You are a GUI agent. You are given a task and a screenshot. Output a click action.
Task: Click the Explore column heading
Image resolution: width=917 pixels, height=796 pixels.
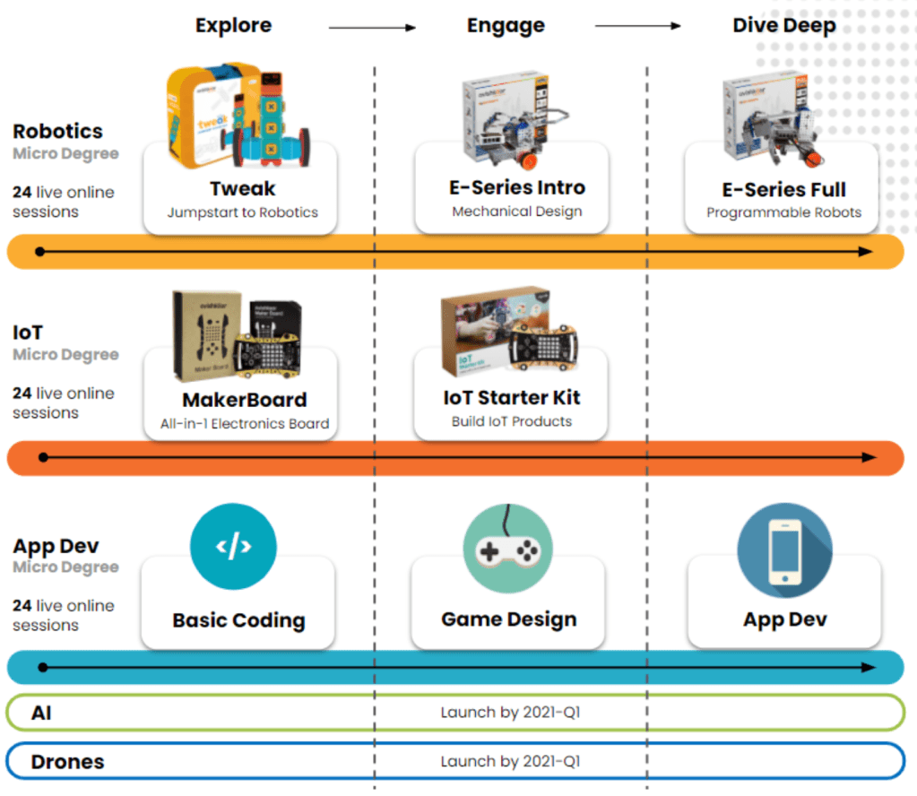point(233,26)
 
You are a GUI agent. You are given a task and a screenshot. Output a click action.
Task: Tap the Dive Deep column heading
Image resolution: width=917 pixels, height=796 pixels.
point(783,26)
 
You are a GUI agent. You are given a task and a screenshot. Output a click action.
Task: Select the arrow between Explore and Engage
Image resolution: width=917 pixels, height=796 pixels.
point(372,28)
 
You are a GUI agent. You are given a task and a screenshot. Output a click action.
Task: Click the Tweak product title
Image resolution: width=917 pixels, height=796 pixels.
point(242,189)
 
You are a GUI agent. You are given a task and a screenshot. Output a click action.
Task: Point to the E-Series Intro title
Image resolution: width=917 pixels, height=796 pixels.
point(517,188)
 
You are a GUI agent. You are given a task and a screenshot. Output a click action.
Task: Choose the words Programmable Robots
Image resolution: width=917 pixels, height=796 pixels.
point(783,213)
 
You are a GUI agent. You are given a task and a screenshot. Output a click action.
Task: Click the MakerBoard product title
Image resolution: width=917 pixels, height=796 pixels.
point(245,400)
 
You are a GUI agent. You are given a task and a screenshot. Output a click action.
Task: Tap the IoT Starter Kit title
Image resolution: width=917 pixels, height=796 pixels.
point(512,398)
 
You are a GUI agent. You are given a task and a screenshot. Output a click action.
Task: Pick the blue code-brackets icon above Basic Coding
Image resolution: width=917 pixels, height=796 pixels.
point(233,546)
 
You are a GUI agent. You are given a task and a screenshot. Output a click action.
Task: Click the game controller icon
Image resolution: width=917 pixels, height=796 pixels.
point(507,548)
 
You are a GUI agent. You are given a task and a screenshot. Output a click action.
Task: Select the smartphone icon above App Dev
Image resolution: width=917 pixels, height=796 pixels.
point(784,549)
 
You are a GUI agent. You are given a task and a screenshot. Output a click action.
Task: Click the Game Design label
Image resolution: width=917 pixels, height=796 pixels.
point(509,619)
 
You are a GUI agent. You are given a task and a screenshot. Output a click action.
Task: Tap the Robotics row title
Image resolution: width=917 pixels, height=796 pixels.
point(57,132)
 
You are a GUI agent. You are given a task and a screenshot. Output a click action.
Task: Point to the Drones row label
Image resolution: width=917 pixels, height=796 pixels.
point(67,762)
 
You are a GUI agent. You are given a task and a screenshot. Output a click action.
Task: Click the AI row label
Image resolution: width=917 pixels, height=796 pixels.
point(41,713)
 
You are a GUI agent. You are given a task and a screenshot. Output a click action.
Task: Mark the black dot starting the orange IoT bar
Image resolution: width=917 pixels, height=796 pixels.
point(40,457)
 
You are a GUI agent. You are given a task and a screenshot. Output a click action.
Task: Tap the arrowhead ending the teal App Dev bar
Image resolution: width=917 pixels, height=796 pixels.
point(869,667)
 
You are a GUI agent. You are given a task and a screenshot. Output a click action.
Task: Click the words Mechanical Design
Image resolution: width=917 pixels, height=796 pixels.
point(517,212)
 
